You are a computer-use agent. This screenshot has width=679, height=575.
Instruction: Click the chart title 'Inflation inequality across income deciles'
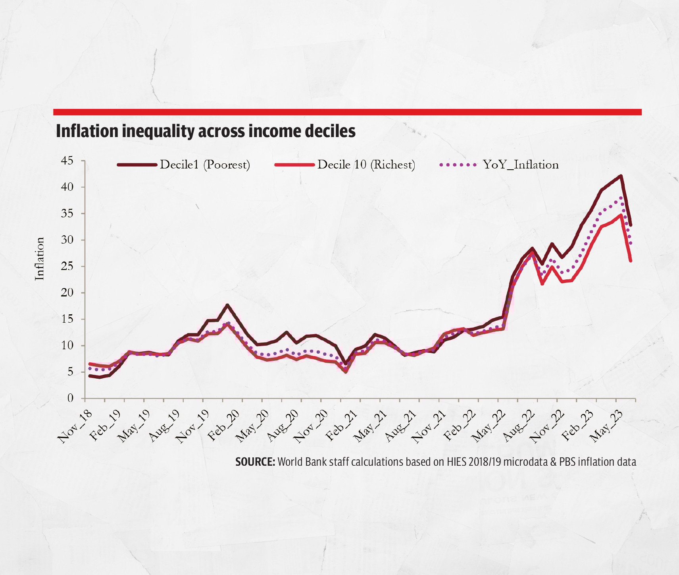point(206,131)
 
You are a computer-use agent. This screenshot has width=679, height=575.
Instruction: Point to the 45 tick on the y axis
point(67,161)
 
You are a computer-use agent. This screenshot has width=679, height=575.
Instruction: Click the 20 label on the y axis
point(67,293)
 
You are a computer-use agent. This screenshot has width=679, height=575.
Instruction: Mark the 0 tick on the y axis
point(70,398)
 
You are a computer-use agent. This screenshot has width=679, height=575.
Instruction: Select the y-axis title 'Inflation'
point(40,259)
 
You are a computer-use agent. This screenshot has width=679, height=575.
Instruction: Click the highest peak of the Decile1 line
point(621,176)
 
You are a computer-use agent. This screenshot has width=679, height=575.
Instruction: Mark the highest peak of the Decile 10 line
point(621,215)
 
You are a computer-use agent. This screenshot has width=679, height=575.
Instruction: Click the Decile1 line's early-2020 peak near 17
point(227,305)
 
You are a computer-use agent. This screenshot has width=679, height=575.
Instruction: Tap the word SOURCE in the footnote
point(255,462)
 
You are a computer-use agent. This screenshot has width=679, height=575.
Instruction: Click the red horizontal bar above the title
point(347,112)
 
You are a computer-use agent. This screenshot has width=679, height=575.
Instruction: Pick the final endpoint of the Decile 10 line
point(631,261)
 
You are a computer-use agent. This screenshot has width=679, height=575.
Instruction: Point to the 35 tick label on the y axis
point(67,214)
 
